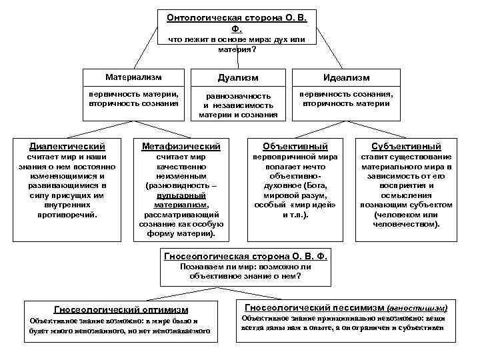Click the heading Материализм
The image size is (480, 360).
pos(133,77)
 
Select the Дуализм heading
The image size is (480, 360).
pos(238,78)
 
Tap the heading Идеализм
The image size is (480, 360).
pos(345,78)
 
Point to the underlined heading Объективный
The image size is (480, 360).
pos(295,146)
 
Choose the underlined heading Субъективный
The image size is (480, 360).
pos(406,146)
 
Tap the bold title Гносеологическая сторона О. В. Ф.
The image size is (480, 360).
pos(245,255)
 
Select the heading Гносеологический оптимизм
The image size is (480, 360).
pos(121,309)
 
